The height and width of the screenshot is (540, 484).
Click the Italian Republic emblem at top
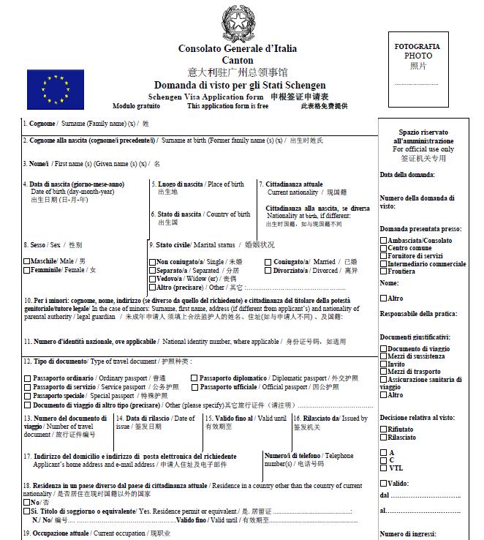pos(237,22)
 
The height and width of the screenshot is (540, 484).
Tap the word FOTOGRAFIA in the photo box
pos(417,46)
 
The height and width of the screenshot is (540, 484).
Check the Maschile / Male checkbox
pos(27,261)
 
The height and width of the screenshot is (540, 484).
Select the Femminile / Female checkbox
pos(27,270)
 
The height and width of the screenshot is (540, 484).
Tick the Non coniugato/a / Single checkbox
pos(153,261)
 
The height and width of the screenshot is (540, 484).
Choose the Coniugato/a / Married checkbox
pos(268,261)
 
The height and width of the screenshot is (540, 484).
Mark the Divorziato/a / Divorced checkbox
pos(268,270)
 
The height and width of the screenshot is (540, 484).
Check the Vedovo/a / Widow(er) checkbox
pos(153,279)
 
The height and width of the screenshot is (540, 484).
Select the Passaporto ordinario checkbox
pos(27,378)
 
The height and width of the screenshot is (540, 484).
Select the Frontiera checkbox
pos(384,271)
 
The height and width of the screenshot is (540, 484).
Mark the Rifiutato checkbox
pos(384,430)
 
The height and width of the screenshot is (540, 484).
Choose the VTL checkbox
pos(384,468)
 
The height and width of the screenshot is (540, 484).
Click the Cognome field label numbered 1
pos(41,124)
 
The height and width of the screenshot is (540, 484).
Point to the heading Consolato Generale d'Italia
pos(238,48)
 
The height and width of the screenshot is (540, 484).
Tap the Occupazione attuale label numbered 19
pos(58,533)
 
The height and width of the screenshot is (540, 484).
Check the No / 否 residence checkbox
pos(26,503)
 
